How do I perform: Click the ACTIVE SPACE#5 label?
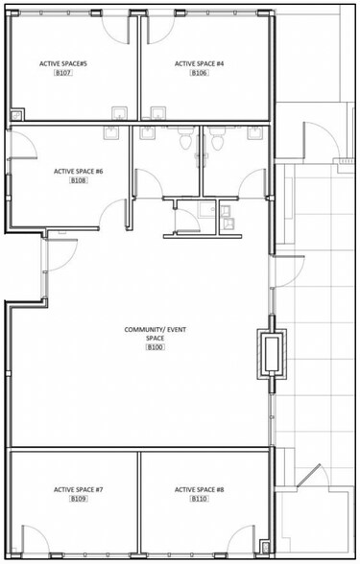coord(64,63)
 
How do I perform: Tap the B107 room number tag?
coord(64,73)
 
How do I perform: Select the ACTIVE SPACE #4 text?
coord(199,63)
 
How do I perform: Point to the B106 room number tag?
coord(199,73)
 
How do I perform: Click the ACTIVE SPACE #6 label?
coord(78,171)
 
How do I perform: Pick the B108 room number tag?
coord(78,180)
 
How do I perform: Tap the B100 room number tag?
coord(156,347)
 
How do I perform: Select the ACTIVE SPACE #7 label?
coord(78,489)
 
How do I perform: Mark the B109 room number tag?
coord(78,499)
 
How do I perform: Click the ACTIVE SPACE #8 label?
coord(199,489)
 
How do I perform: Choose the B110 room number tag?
coord(199,499)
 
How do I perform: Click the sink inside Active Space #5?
coord(120,113)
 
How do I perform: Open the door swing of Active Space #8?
coord(246,540)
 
